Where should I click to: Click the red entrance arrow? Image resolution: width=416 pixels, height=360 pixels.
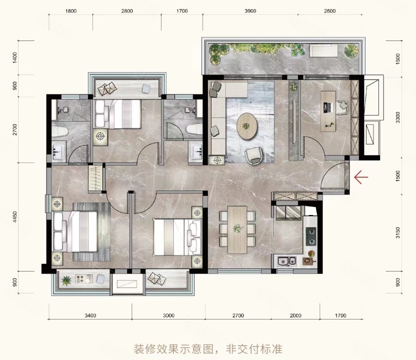(x=361, y=177)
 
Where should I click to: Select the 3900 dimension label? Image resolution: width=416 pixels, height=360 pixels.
(x=250, y=11)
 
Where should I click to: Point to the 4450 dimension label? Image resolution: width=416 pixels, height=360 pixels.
(x=15, y=216)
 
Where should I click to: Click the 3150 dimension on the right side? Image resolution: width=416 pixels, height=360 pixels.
(x=397, y=232)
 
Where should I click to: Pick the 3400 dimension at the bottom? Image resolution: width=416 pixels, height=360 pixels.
(x=90, y=315)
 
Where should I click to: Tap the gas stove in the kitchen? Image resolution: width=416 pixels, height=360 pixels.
(x=311, y=236)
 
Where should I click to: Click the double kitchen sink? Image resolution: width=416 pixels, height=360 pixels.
(x=286, y=261)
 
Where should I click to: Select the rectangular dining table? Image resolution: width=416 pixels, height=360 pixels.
(x=237, y=229)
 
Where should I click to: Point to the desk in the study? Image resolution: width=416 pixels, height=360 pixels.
(x=328, y=111)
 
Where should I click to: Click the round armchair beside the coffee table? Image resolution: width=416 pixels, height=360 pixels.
(x=254, y=155)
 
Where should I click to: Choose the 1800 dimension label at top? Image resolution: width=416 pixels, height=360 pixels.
(x=71, y=11)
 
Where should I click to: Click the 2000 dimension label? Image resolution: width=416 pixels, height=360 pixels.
(x=295, y=315)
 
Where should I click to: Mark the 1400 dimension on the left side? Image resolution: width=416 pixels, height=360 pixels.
(x=15, y=57)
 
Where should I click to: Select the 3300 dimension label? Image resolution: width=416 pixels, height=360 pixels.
(x=397, y=117)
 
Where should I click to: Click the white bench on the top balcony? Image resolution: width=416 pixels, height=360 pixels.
(x=323, y=50)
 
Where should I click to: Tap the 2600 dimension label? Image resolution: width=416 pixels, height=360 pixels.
(x=330, y=11)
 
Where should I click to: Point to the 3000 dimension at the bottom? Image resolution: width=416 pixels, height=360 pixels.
(x=168, y=315)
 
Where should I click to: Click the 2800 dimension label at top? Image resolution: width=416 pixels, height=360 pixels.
(x=127, y=11)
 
